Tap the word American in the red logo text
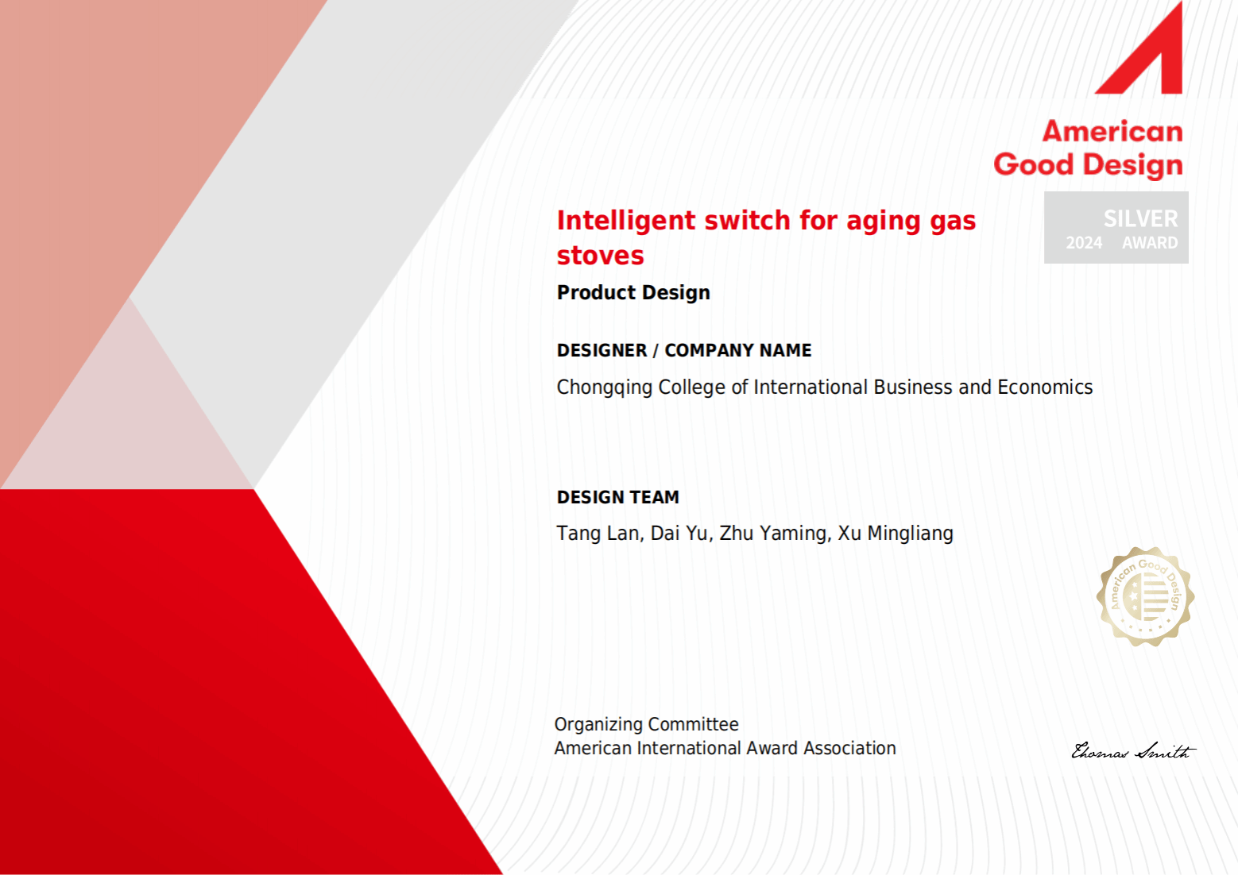1112,132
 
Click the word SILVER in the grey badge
1141,219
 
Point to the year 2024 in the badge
1084,242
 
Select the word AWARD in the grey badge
1150,242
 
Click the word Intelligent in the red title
626,221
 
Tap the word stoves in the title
600,256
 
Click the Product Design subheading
633,292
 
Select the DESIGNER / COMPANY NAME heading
684,350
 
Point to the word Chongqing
605,387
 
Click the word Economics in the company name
1045,387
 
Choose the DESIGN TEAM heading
618,497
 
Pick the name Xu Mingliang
896,534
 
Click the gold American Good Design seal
1145,596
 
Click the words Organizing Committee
646,724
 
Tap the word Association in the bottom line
849,748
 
